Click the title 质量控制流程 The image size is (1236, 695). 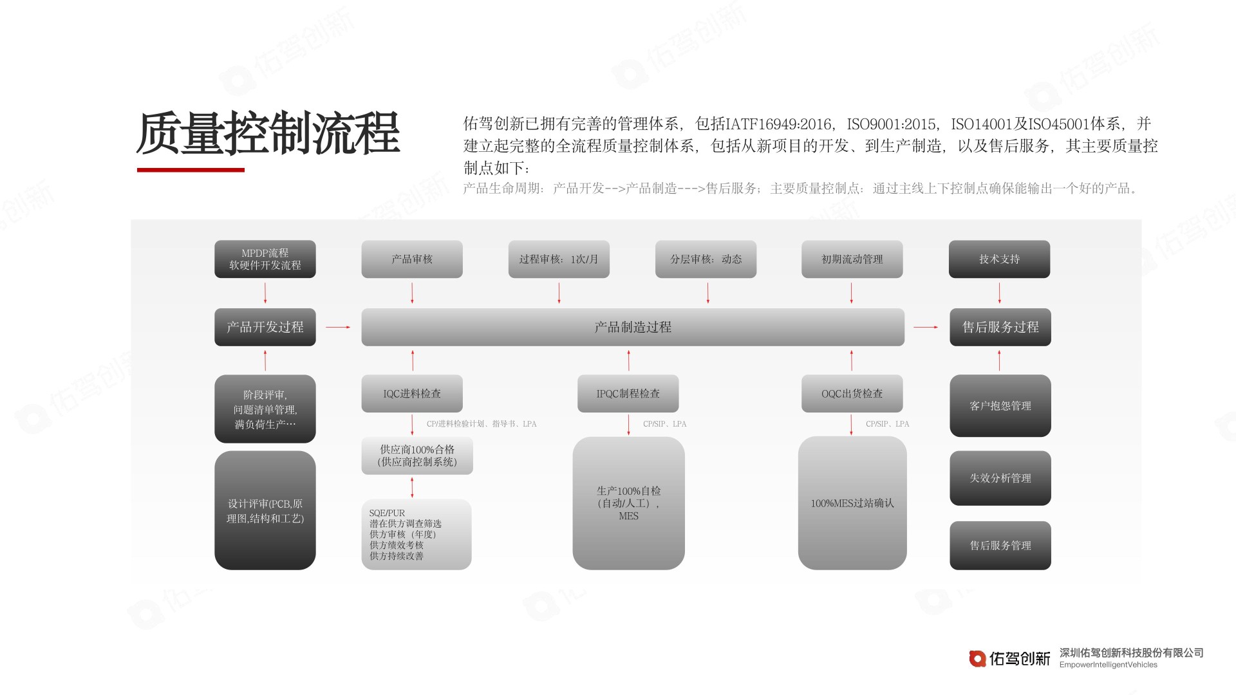tap(268, 134)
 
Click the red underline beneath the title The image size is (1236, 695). tap(191, 170)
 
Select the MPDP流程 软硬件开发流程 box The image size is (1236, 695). tap(265, 259)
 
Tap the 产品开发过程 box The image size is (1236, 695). tap(265, 327)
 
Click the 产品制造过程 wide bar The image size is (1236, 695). tap(633, 327)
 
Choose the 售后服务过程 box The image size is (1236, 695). tap(1000, 327)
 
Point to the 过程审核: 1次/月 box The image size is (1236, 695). tap(559, 259)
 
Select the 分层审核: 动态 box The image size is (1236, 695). tap(706, 259)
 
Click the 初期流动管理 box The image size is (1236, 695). tap(852, 259)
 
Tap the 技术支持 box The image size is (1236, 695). tap(999, 259)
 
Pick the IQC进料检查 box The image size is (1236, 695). tap(412, 393)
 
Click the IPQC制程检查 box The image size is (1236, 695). tap(628, 393)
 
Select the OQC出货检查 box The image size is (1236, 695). tap(852, 393)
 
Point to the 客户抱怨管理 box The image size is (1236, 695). tap(1000, 405)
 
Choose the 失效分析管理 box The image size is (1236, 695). tap(1000, 478)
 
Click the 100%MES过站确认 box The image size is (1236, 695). tap(852, 503)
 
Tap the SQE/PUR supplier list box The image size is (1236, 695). tap(417, 534)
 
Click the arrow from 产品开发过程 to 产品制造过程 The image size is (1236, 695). tap(338, 328)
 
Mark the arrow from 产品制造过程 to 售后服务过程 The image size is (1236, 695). tap(926, 328)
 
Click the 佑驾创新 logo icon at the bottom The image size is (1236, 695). tap(977, 658)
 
